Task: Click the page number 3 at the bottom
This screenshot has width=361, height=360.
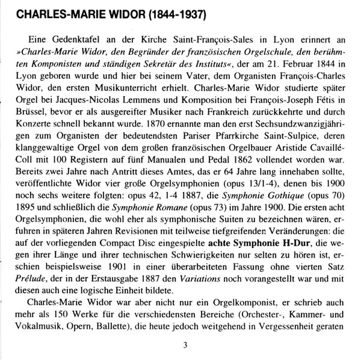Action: (185, 347)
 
